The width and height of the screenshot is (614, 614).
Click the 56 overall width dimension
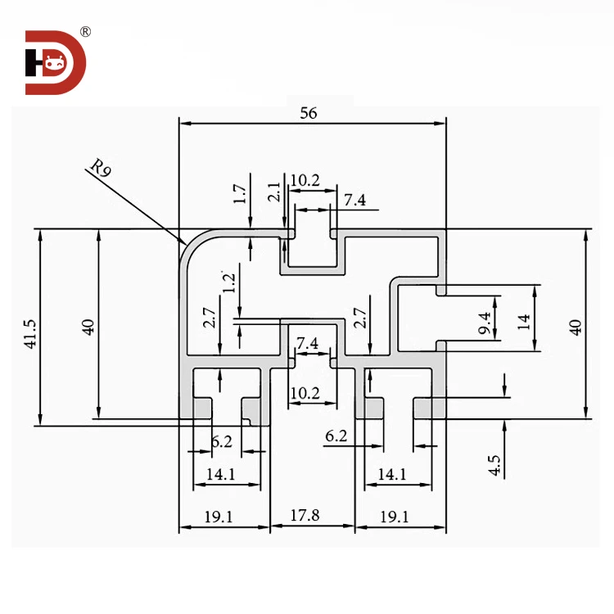(308, 114)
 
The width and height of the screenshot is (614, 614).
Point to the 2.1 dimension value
(274, 193)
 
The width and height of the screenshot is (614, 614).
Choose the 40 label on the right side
(576, 327)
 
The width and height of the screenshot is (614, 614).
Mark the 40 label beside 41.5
(89, 326)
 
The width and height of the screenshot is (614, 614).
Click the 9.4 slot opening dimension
(485, 323)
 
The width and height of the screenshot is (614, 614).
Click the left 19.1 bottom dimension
(219, 517)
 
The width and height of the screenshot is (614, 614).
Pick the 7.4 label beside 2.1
(356, 200)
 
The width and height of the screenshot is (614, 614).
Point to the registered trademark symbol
(86, 32)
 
